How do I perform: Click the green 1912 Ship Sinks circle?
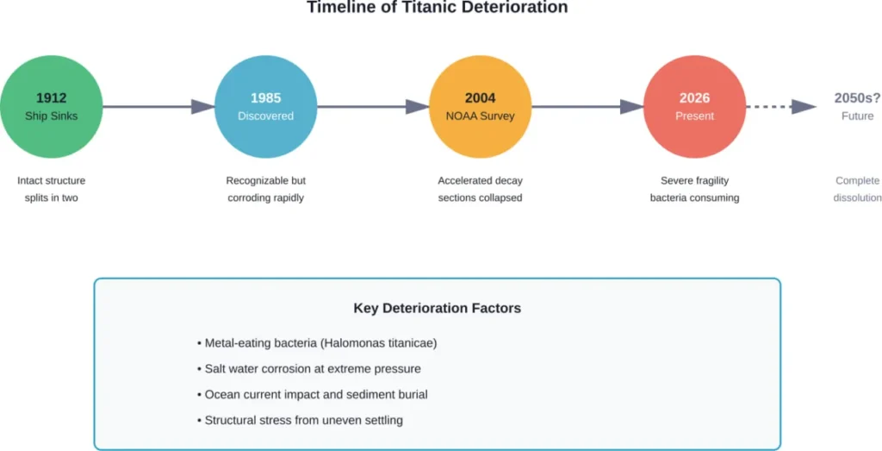[x=51, y=106]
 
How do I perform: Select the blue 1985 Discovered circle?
[x=265, y=106]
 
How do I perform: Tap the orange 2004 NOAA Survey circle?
[x=480, y=106]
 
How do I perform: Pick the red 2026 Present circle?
[x=694, y=106]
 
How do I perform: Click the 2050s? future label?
[x=857, y=98]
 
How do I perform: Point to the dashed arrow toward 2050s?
[x=780, y=107]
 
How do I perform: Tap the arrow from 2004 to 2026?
[x=587, y=107]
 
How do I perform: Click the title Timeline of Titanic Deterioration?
[x=437, y=8]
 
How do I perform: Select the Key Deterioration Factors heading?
[x=437, y=308]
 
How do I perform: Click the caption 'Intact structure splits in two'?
[x=51, y=189]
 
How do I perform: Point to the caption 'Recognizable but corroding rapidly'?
[x=265, y=189]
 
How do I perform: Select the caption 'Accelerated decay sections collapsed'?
[x=480, y=189]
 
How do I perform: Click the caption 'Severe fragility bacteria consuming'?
[x=694, y=189]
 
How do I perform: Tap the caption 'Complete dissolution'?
[x=857, y=189]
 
